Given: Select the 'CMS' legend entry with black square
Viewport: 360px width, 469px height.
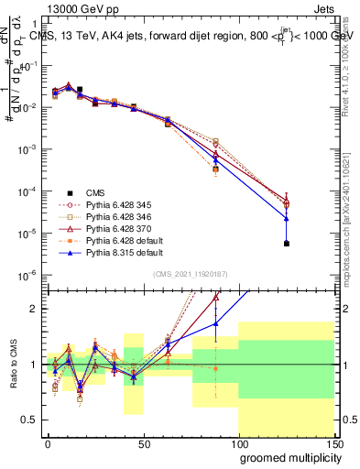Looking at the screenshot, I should click(x=95, y=192).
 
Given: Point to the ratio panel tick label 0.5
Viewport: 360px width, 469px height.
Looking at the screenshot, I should click(x=31, y=420).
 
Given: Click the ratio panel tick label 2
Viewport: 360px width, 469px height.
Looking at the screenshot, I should click(x=35, y=309).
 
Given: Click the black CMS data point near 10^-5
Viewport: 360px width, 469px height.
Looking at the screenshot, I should click(x=287, y=244).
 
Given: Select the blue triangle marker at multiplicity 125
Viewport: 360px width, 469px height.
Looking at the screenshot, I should click(x=287, y=218).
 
